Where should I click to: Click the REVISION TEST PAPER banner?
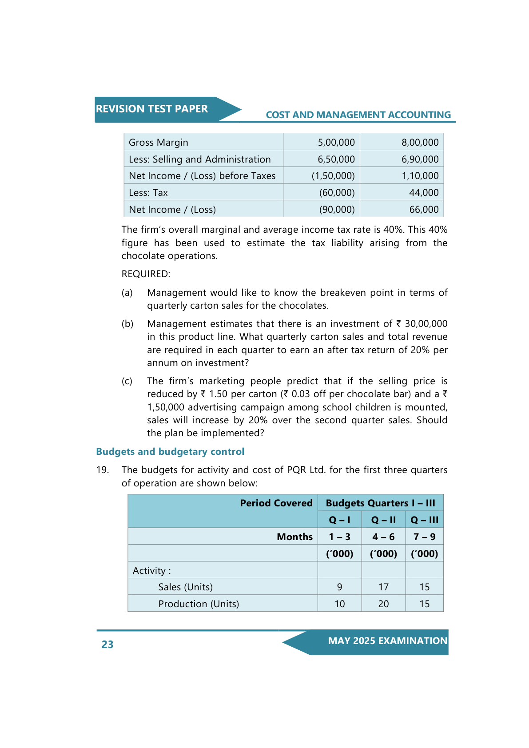point(152,109)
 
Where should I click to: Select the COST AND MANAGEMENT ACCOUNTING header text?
point(358,115)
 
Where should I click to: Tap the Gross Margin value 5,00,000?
point(336,143)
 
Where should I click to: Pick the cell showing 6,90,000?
point(420,159)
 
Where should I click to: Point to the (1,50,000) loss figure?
point(333,176)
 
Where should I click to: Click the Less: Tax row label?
point(148,193)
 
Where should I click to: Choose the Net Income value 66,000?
point(424,210)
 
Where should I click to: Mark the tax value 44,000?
point(424,193)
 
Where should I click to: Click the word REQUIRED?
point(146,274)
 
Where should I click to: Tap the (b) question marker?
point(127,324)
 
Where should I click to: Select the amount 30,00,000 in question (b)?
point(426,324)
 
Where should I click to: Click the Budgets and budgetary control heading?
point(170,452)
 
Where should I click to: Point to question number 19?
point(103,470)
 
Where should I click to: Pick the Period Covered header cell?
point(276,503)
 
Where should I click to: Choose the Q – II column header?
point(383,520)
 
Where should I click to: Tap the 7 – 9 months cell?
point(424,537)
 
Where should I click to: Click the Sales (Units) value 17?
point(383,587)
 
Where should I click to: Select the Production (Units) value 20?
point(383,604)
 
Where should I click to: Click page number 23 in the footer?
point(107,645)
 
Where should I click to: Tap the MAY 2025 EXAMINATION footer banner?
point(387,641)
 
